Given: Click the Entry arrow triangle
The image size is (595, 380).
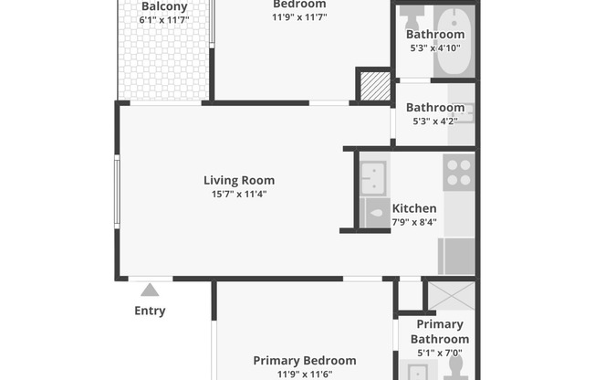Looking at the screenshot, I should (150, 290).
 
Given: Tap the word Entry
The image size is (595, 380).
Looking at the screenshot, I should (150, 311).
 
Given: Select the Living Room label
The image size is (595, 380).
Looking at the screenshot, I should (238, 180).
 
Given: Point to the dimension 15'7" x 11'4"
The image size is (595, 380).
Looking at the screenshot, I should (238, 194).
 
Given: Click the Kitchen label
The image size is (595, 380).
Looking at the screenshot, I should (413, 208).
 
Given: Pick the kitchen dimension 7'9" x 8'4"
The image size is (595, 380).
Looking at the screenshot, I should (413, 221).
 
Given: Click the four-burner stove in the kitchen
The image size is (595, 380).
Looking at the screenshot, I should (458, 172).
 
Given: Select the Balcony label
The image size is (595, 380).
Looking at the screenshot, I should (164, 6).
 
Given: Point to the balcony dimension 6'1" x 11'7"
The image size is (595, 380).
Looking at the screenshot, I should (164, 19).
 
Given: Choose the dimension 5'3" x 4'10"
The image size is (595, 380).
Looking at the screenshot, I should (435, 48).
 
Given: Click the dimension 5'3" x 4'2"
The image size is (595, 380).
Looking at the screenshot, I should (435, 121).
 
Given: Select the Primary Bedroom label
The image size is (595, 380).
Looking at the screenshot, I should (305, 360).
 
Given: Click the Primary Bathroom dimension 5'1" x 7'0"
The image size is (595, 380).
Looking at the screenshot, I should (440, 353).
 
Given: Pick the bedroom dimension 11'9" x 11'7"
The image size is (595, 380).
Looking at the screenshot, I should (299, 17).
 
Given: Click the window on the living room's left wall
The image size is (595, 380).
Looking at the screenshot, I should (116, 191).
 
